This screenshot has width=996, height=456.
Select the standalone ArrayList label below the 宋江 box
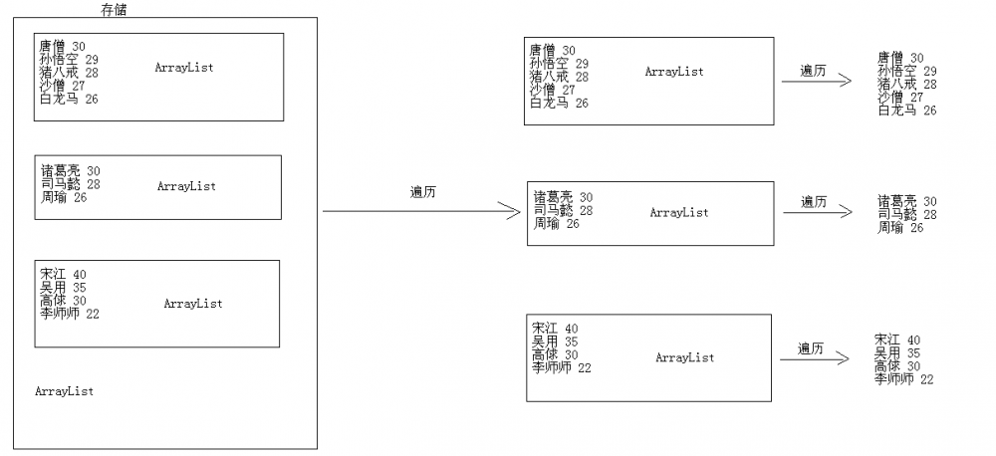(64, 391)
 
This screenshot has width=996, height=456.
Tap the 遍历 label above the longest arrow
(423, 192)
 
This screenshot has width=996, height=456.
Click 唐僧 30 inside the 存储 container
(62, 46)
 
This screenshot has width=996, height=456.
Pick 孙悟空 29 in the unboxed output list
(906, 72)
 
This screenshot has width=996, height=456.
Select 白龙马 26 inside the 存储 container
(69, 99)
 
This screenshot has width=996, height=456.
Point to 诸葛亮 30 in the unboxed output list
(906, 201)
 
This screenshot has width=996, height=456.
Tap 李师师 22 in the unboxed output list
(903, 379)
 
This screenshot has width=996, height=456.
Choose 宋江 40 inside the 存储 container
(64, 275)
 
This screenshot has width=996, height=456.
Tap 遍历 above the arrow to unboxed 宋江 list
(811, 348)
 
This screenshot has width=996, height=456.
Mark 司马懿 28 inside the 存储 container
(70, 184)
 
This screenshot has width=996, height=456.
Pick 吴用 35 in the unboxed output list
(897, 353)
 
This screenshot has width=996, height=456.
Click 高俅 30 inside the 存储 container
(64, 301)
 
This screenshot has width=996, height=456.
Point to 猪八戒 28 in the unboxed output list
(906, 85)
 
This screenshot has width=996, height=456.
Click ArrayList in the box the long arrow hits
(678, 212)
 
